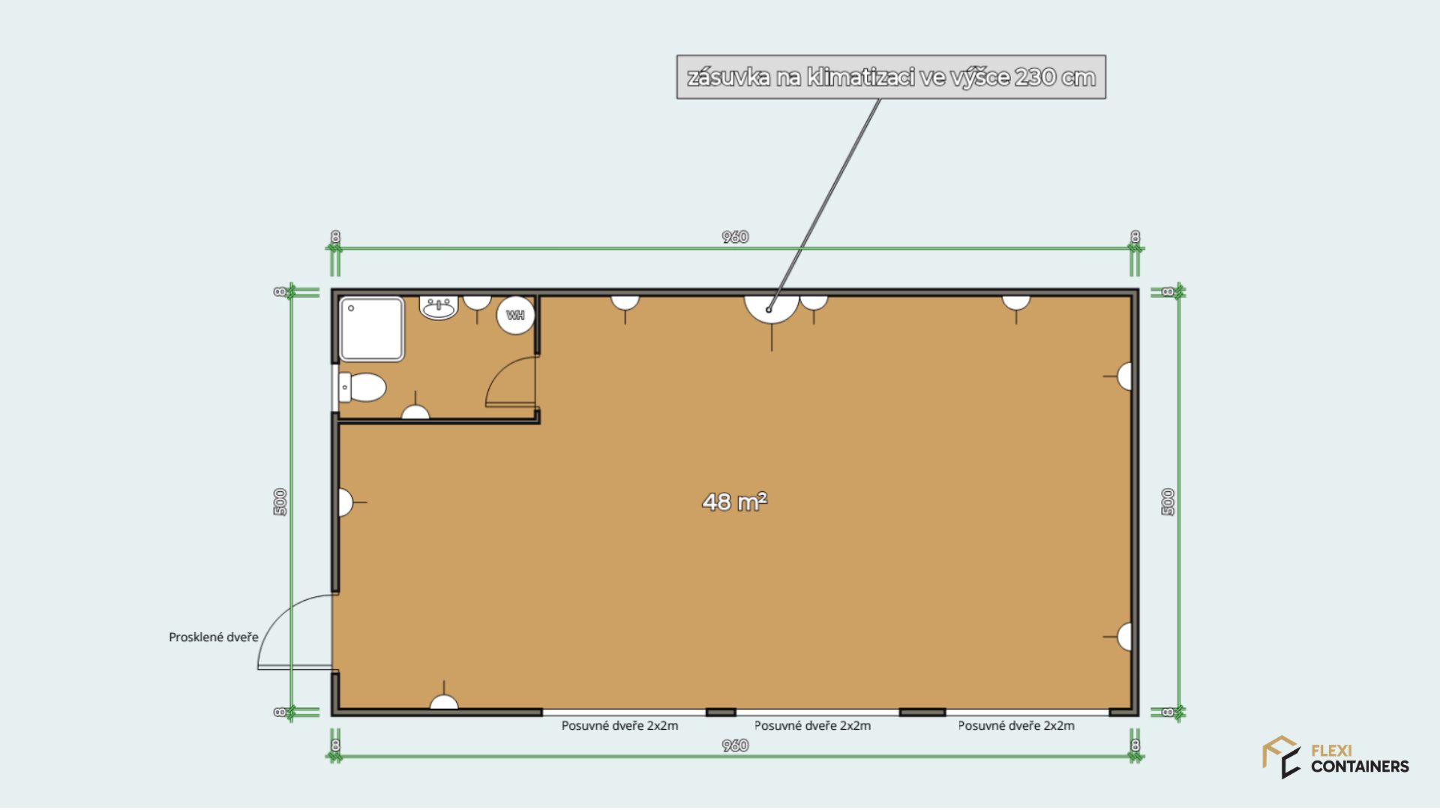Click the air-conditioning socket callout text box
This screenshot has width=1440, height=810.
(891, 76)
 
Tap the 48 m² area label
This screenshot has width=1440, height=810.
(734, 501)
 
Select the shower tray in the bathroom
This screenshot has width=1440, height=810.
(372, 329)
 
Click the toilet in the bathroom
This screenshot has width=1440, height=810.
(362, 388)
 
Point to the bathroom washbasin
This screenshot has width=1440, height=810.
(439, 307)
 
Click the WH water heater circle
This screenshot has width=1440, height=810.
(516, 315)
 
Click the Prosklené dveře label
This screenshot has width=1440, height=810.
(213, 637)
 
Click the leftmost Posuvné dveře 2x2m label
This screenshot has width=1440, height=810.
(619, 726)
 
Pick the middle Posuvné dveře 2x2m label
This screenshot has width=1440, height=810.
(812, 726)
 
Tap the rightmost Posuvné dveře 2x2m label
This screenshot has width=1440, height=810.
(1016, 726)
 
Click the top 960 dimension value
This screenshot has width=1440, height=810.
(735, 237)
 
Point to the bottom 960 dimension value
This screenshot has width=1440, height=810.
(735, 745)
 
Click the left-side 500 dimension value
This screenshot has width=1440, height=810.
(280, 502)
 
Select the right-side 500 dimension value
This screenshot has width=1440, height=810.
(1168, 502)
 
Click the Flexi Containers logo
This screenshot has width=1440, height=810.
(1335, 757)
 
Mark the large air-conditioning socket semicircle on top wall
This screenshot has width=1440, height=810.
(772, 309)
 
